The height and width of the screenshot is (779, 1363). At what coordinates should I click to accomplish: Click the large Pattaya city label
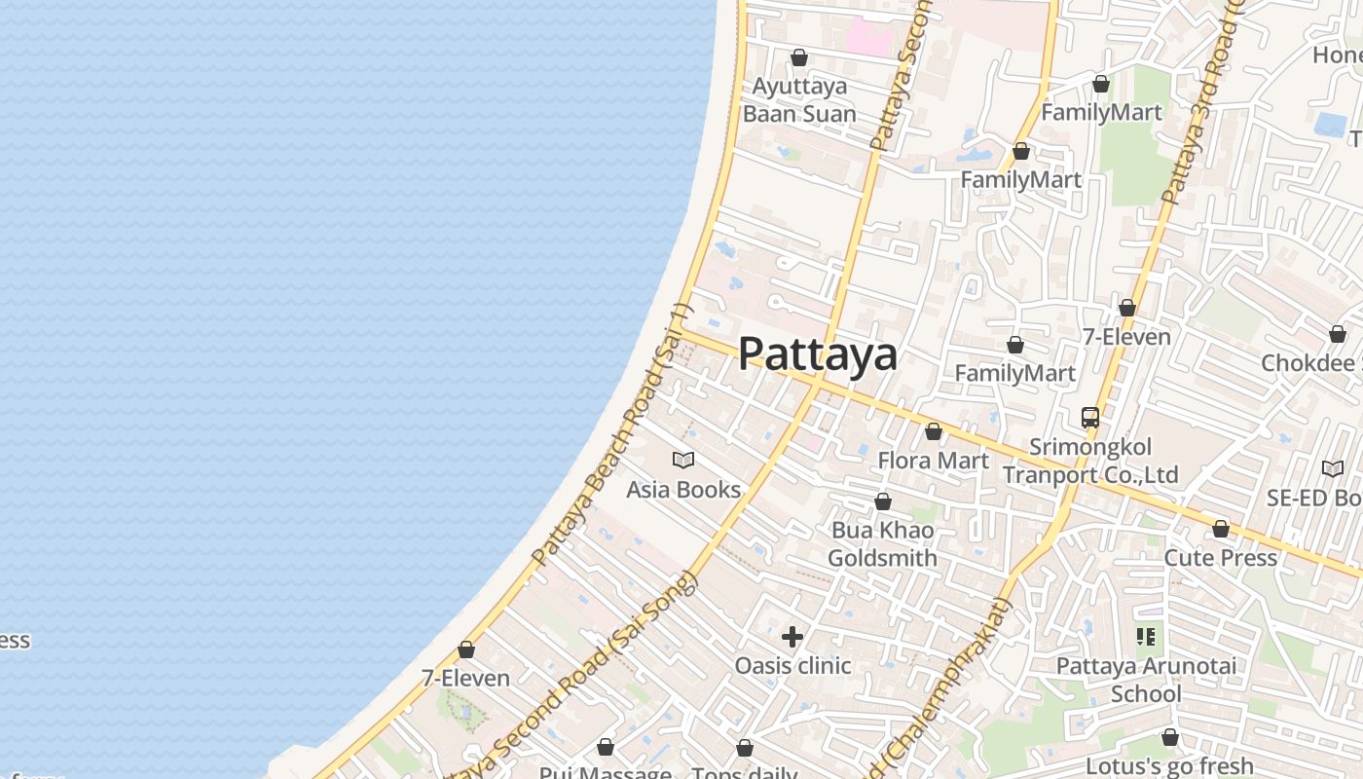click(818, 354)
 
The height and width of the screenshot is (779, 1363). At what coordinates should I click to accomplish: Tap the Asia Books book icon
click(683, 460)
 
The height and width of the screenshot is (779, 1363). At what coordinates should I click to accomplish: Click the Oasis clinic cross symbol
click(792, 637)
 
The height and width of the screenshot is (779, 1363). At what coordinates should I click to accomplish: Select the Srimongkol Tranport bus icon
click(1090, 418)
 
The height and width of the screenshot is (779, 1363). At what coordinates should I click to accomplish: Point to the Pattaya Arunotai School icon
click(1146, 637)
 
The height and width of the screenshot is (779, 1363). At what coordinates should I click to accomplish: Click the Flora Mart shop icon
click(934, 431)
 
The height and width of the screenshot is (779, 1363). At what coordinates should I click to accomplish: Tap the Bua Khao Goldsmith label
click(882, 544)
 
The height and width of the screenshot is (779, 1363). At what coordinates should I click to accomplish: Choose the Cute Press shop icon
click(1221, 529)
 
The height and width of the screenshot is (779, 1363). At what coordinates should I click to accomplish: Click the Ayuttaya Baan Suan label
click(799, 100)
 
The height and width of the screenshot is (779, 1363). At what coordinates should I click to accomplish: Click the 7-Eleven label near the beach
click(465, 678)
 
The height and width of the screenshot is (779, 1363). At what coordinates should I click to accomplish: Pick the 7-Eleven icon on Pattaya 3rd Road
click(1127, 308)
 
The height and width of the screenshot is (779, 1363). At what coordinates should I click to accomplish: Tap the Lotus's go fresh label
click(1169, 766)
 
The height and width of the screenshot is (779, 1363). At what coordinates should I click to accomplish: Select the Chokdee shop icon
click(1338, 334)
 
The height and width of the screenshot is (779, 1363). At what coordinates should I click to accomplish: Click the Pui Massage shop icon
click(606, 747)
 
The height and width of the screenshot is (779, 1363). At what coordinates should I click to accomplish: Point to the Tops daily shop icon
click(745, 748)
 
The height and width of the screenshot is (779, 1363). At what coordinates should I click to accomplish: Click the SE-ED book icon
click(1332, 469)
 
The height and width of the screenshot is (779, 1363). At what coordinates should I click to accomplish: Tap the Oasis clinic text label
click(792, 666)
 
